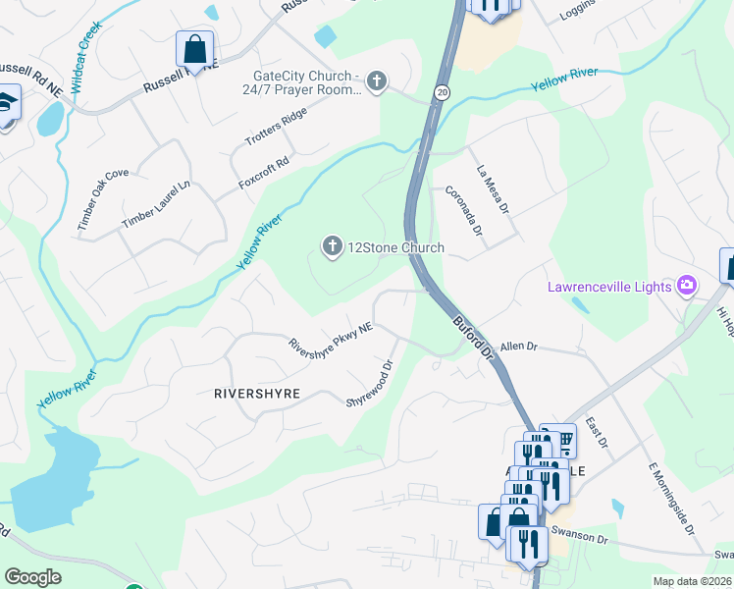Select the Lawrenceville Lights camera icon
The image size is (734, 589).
click(687, 286)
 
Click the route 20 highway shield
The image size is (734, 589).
click(444, 91)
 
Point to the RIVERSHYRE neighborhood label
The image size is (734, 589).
click(257, 393)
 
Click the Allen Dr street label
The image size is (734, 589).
click(519, 347)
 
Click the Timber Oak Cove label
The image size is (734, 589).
click(104, 200)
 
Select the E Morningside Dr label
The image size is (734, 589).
click(671, 499)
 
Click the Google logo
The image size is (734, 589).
click(33, 577)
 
